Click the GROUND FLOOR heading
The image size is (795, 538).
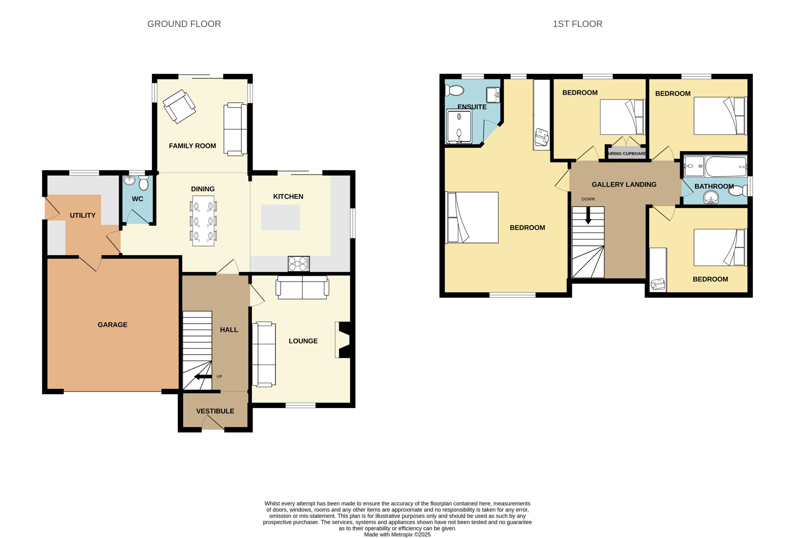[184, 24]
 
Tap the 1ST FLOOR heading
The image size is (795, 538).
[577, 24]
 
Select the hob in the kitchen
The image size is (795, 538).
[299, 264]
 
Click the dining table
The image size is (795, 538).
[203, 221]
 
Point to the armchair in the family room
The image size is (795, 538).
[179, 107]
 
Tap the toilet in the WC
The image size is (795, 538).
[144, 183]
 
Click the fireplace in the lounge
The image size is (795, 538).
[343, 340]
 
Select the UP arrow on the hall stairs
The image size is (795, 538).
[203, 377]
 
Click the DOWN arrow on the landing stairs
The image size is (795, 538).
[588, 215]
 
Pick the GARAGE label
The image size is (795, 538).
[112, 325]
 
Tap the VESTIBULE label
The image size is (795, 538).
[215, 411]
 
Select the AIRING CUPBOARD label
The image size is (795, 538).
[627, 154]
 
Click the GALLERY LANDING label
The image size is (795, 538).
[624, 185]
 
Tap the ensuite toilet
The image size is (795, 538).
[454, 91]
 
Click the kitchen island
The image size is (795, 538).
[280, 218]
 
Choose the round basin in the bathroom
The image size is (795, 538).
[711, 198]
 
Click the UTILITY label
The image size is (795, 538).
[82, 216]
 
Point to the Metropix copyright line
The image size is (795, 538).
[397, 535]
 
